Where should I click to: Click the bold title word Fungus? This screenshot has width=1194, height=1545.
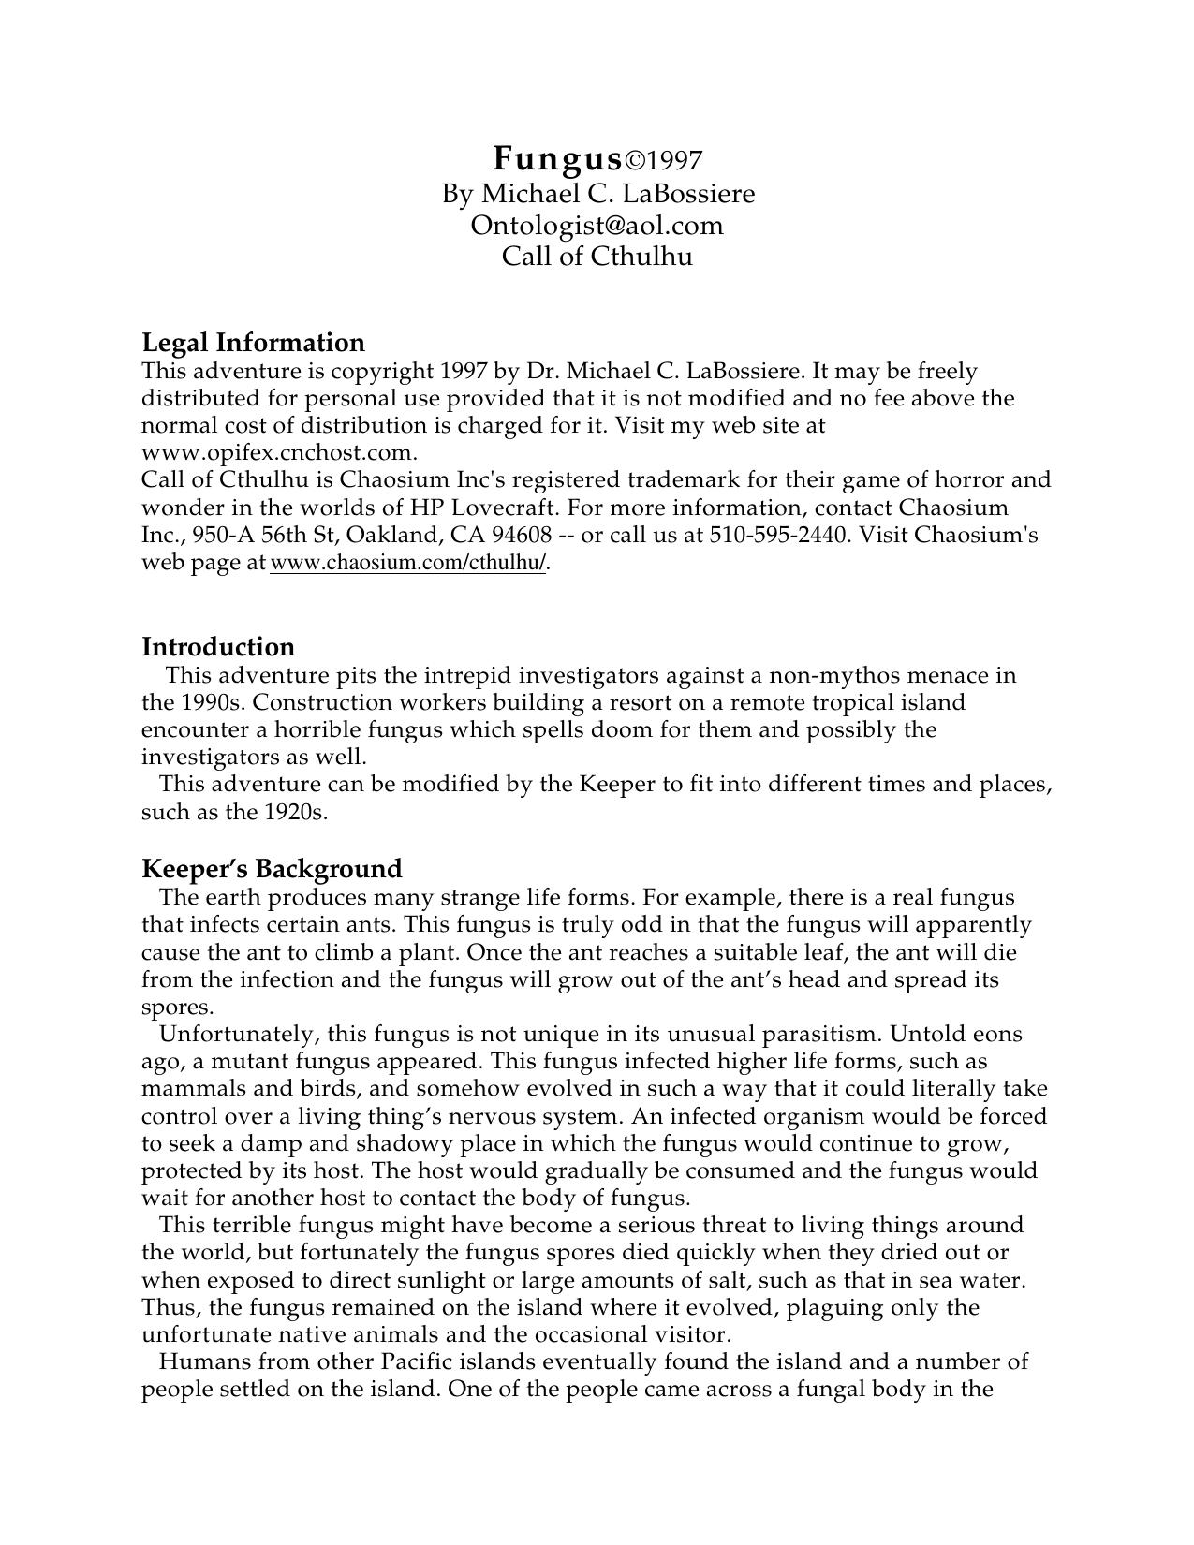tap(557, 159)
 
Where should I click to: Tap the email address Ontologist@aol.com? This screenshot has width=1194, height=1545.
tap(597, 225)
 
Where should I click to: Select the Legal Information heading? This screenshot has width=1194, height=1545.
tap(253, 342)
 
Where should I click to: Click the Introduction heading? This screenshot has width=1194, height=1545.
tap(218, 646)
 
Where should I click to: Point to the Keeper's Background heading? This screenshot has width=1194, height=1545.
tap(272, 868)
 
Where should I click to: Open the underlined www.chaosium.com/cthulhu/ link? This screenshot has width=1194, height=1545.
tap(408, 563)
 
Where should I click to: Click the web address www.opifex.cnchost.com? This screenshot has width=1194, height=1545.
tap(278, 452)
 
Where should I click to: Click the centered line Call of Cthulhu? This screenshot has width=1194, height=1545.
tap(597, 256)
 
